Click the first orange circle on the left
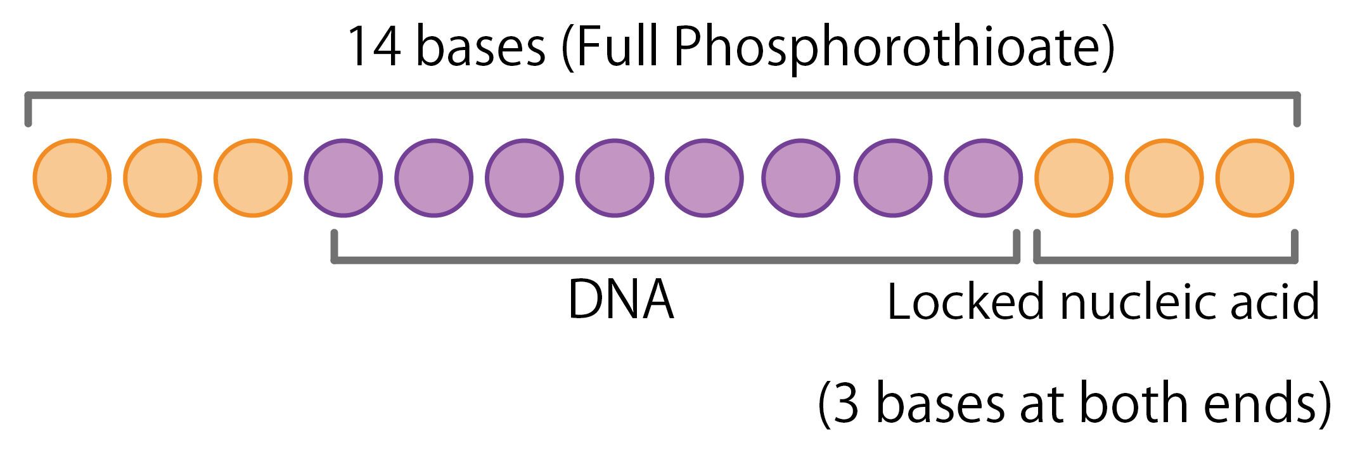[72, 178]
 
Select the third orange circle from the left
[253, 178]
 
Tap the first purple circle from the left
[343, 178]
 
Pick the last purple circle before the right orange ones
[983, 178]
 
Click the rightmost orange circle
[1254, 178]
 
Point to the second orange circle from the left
[162, 178]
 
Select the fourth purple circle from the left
[615, 178]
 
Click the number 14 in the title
[375, 47]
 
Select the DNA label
[620, 300]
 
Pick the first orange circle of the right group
[1074, 178]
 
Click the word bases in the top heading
[480, 47]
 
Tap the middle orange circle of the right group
[1164, 178]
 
